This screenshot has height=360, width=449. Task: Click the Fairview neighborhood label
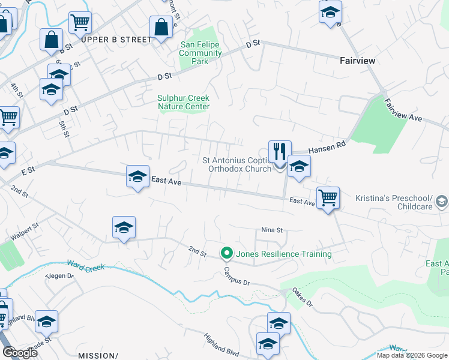[x=358, y=61]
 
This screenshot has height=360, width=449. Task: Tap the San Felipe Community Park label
[x=201, y=53]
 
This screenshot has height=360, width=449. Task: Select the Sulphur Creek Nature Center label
[x=184, y=102]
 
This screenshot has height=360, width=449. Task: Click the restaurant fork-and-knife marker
[x=280, y=152]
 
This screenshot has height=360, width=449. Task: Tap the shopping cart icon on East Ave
[x=328, y=197]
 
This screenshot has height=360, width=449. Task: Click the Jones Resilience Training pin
[x=226, y=254]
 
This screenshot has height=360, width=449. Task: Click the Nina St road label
[x=271, y=230]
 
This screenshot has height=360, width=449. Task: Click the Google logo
[x=20, y=353]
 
